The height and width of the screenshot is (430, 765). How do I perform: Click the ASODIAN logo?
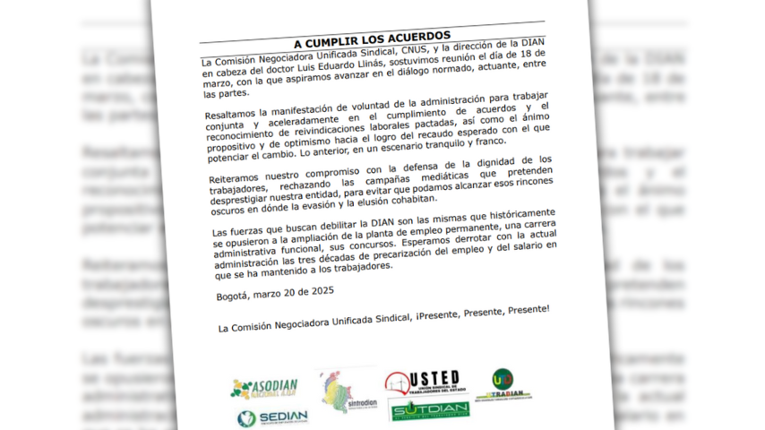[265, 387]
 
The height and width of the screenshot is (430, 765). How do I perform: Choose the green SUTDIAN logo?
[430, 410]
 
